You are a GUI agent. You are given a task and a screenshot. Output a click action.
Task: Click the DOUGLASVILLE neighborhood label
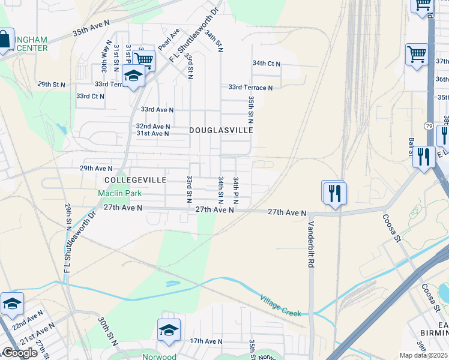pyautogui.click(x=221, y=130)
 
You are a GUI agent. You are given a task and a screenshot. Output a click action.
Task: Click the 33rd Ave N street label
pyautogui.click(x=157, y=110)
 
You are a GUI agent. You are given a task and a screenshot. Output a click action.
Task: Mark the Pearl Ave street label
pyautogui.click(x=169, y=39)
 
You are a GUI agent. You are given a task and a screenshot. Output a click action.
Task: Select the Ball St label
pyautogui.click(x=412, y=147)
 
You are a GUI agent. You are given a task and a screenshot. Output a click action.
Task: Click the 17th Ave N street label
pyautogui.click(x=206, y=341)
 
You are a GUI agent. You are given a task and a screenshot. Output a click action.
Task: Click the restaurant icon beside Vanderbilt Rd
pyautogui.click(x=334, y=193)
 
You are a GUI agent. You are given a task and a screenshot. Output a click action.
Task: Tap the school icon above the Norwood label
pyautogui.click(x=169, y=330)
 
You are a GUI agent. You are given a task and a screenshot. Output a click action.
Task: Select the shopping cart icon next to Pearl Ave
pyautogui.click(x=144, y=59)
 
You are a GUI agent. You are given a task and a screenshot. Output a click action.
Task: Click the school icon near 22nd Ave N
pyautogui.click(x=12, y=303)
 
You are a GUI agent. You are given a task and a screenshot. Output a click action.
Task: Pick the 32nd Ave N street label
pyautogui.click(x=153, y=127)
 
